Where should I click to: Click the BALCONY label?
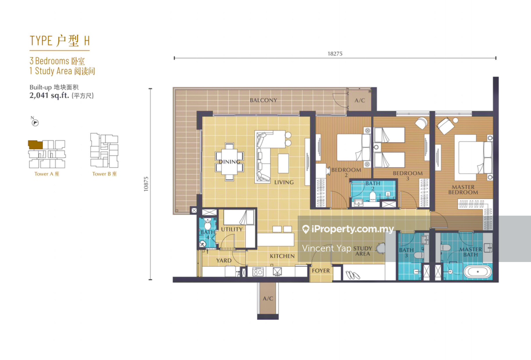264,101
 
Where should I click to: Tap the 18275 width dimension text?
335,54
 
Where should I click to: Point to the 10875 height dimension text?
146,184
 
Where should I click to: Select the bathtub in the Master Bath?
478,272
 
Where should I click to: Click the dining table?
229,162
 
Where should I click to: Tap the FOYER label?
321,271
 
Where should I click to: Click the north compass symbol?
35,122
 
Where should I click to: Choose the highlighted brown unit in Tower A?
35,145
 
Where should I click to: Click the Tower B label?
104,174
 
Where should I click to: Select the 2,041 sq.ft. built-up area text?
49,95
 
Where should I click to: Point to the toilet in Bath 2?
373,196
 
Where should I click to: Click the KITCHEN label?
282,256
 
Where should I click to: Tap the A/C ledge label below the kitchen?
268,299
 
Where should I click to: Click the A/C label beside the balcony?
359,101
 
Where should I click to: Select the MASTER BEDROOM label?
463,190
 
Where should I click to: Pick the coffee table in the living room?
283,164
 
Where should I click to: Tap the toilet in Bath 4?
207,224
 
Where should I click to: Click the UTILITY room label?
232,229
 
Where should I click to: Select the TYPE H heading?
60,41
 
